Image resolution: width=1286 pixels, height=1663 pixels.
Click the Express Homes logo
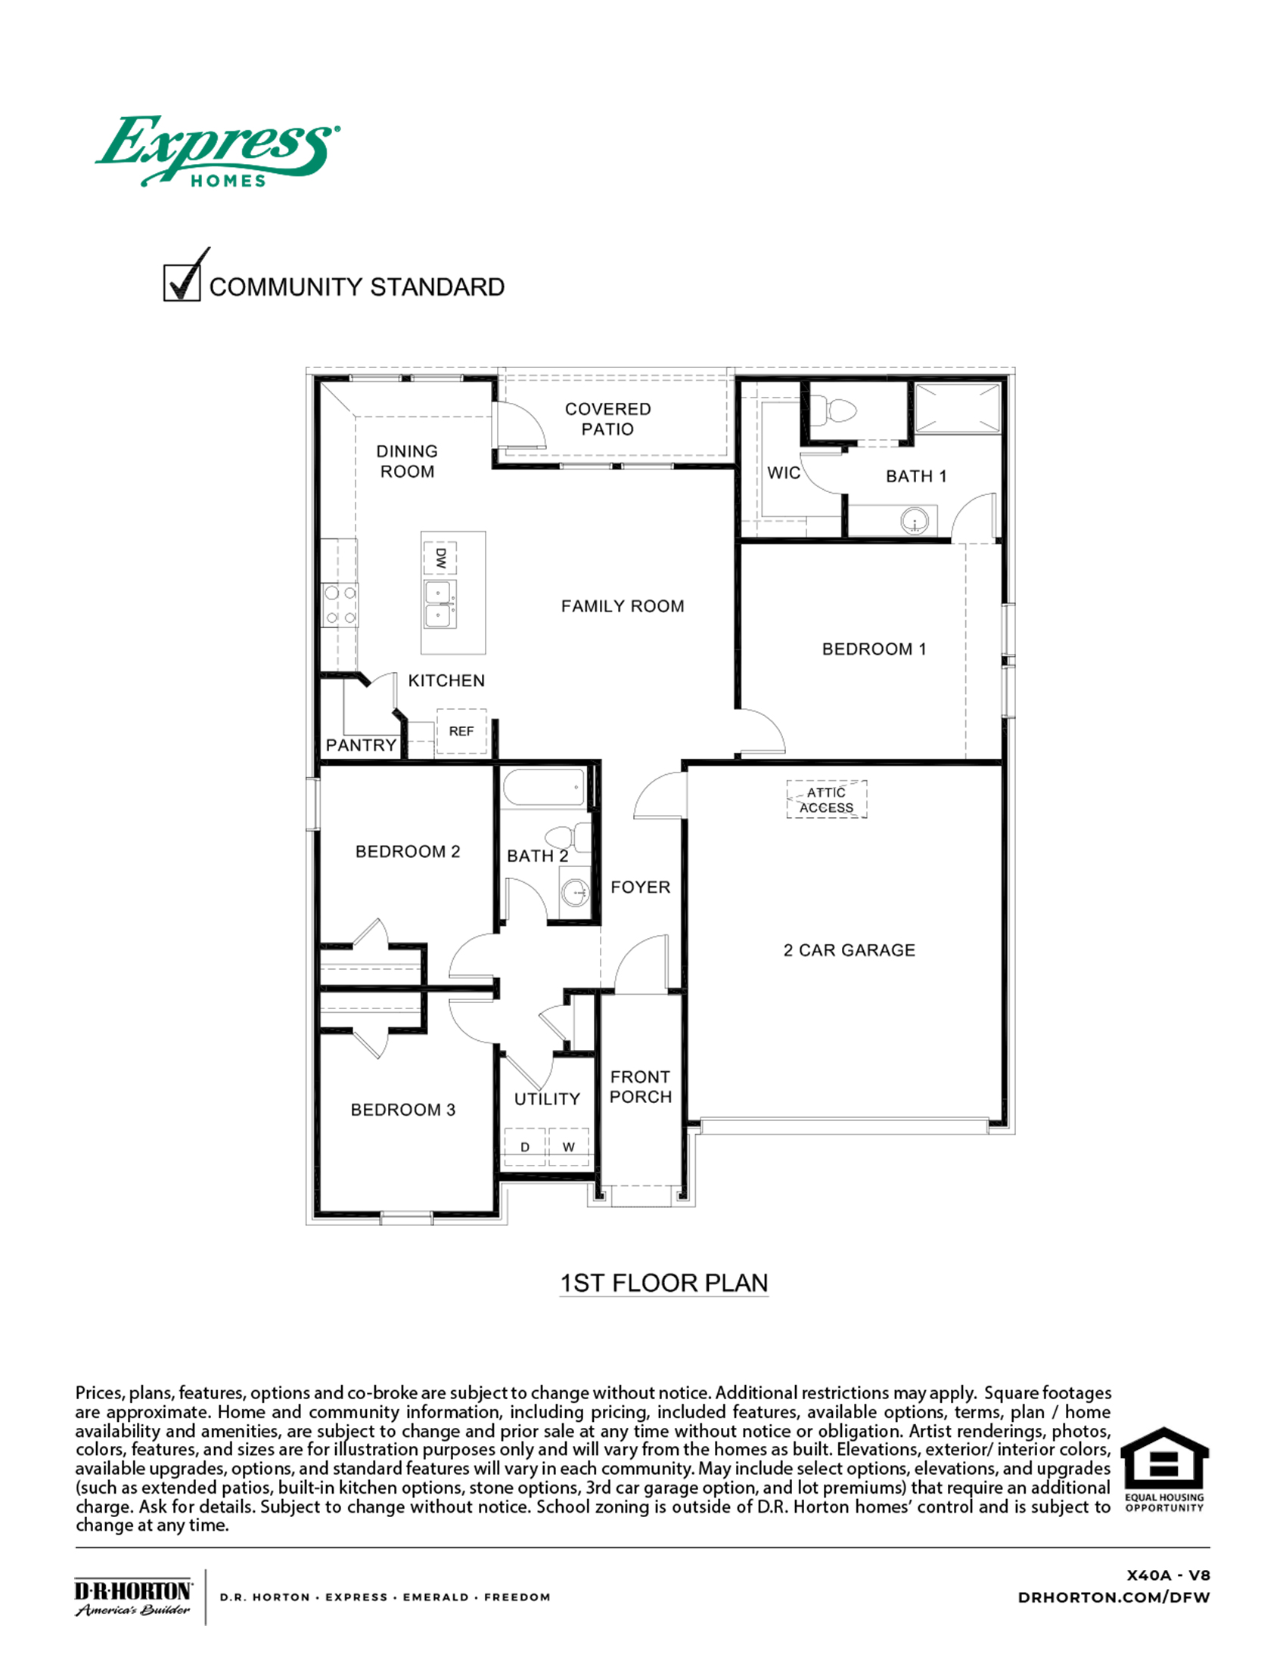coord(217,150)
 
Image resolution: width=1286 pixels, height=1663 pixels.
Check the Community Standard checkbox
coord(182,282)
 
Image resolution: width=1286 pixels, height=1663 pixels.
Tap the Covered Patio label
coord(607,419)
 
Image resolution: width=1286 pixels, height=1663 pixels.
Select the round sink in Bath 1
coord(915,522)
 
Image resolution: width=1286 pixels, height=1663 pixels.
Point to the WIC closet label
coord(783,473)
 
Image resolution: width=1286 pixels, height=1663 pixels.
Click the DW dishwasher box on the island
coord(440,558)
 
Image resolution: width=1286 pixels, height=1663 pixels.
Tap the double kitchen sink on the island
coord(440,605)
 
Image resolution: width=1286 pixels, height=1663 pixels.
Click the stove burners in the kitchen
coord(340,605)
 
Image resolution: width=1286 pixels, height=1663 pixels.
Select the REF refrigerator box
coord(461,731)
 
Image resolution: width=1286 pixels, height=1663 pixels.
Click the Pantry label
coord(361,745)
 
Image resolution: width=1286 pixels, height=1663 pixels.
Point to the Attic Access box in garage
coord(827,800)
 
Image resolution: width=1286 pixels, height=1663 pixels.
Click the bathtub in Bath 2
coord(544,788)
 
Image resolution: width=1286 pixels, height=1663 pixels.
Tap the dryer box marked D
coord(525,1147)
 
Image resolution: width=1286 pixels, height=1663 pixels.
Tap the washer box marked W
coord(568,1147)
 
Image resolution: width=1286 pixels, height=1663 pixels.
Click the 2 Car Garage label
coord(849,950)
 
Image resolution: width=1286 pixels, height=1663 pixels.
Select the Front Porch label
coord(641,1086)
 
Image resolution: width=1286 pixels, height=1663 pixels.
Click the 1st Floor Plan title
coord(663,1283)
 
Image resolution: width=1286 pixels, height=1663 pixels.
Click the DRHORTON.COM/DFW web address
coord(1113,1597)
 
